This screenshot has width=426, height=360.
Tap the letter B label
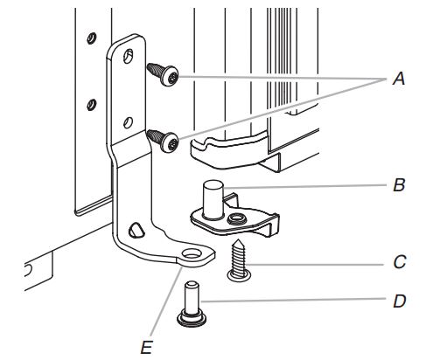pos(399,185)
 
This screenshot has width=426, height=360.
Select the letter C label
pos(399,260)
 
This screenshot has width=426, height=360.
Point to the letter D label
pos(399,300)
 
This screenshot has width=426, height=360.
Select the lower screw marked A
pos(164,138)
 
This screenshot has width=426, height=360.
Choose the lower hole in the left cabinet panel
pos(90,105)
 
